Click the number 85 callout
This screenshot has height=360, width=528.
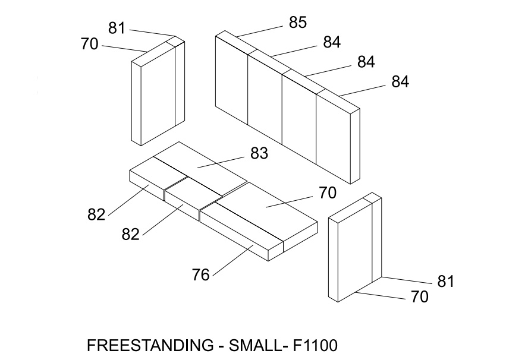click(x=297, y=23)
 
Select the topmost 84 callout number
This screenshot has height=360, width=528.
click(x=332, y=42)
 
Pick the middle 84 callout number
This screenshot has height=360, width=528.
click(x=366, y=62)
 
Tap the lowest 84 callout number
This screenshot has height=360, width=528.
click(x=400, y=81)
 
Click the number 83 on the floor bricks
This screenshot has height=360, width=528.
click(x=259, y=153)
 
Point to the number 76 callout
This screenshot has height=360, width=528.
click(x=201, y=275)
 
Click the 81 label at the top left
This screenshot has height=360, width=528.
click(x=117, y=27)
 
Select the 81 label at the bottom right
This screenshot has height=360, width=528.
click(x=446, y=281)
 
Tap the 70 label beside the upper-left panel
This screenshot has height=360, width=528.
click(x=89, y=43)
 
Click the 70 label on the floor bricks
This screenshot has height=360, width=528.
click(x=328, y=192)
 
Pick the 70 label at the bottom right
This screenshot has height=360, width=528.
click(x=419, y=296)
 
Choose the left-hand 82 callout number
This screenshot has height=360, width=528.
click(x=96, y=214)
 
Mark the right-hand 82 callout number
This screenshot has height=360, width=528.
click(x=130, y=233)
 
